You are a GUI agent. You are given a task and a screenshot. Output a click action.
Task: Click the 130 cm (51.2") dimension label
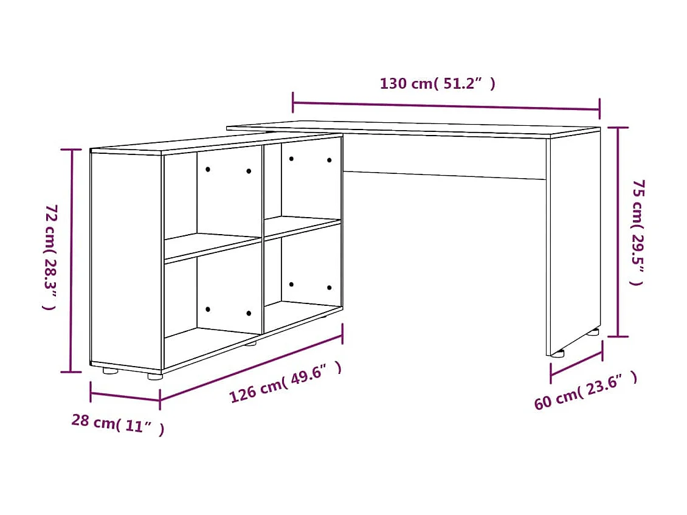click(437, 84)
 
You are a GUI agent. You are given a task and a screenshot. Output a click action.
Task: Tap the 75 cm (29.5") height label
click(637, 232)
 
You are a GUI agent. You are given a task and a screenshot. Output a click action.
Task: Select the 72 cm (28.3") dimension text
click(50, 257)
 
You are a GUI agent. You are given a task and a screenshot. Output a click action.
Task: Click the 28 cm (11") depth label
click(117, 423)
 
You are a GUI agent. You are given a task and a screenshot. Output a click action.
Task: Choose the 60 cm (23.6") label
click(585, 390)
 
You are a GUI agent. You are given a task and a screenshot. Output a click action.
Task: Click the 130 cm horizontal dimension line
click(446, 105)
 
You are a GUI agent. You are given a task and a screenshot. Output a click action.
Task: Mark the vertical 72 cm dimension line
click(72, 260)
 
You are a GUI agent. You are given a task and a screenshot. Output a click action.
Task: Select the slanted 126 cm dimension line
click(250, 365)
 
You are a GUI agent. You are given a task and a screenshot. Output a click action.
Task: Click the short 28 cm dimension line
click(125, 396)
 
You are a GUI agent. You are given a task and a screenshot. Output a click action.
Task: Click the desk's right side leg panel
click(573, 243)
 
